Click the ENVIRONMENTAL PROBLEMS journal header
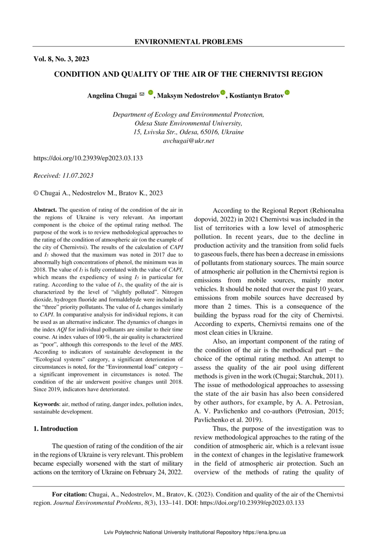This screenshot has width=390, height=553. coord(188,42)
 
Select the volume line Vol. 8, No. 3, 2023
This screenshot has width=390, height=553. coord(61,59)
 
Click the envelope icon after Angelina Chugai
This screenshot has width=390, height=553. coord(142,94)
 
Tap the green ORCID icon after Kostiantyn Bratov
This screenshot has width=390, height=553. coord(287,93)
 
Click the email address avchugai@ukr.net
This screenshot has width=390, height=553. coord(188,140)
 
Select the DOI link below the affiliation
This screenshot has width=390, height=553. coord(88,158)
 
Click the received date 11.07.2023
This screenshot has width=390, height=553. coord(78,176)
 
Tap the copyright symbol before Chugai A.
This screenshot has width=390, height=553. coord(36,193)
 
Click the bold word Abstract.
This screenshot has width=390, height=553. coord(45,210)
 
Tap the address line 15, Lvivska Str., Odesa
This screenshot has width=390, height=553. coord(188,132)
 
